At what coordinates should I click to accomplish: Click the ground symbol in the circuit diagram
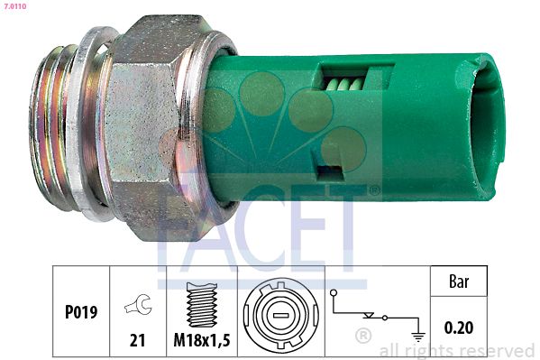(416, 335)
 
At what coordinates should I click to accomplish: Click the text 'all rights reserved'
(457, 350)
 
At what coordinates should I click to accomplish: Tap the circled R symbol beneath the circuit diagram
(363, 337)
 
